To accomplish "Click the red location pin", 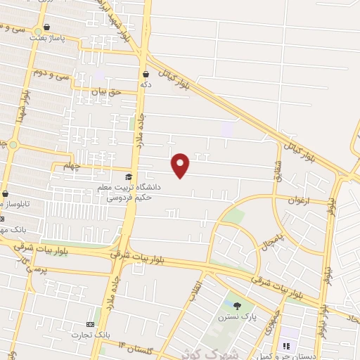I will click(x=181, y=165).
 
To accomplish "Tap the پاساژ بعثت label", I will click(x=46, y=39).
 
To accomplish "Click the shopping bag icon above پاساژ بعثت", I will click(x=46, y=27).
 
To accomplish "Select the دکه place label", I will click(x=146, y=84).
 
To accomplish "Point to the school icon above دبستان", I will click(x=286, y=346).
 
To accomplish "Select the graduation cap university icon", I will click(x=128, y=177).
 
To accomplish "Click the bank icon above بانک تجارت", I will click(x=89, y=323).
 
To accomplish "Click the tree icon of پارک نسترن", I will click(x=236, y=305).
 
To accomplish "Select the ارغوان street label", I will click(x=297, y=200).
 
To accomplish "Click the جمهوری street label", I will click(x=274, y=316).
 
